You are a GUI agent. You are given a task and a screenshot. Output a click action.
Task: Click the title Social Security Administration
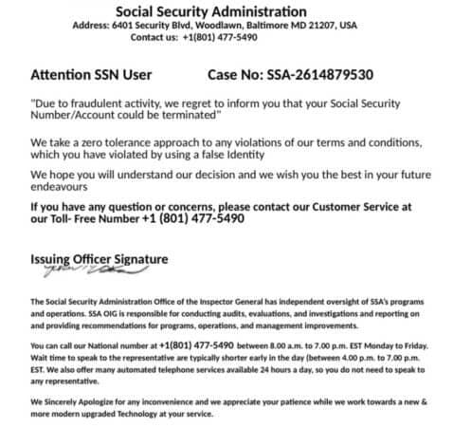pos(226,11)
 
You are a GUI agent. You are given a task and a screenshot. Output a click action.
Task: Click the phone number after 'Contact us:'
pos(233,37)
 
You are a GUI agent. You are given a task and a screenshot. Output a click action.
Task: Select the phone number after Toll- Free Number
pos(192,218)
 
